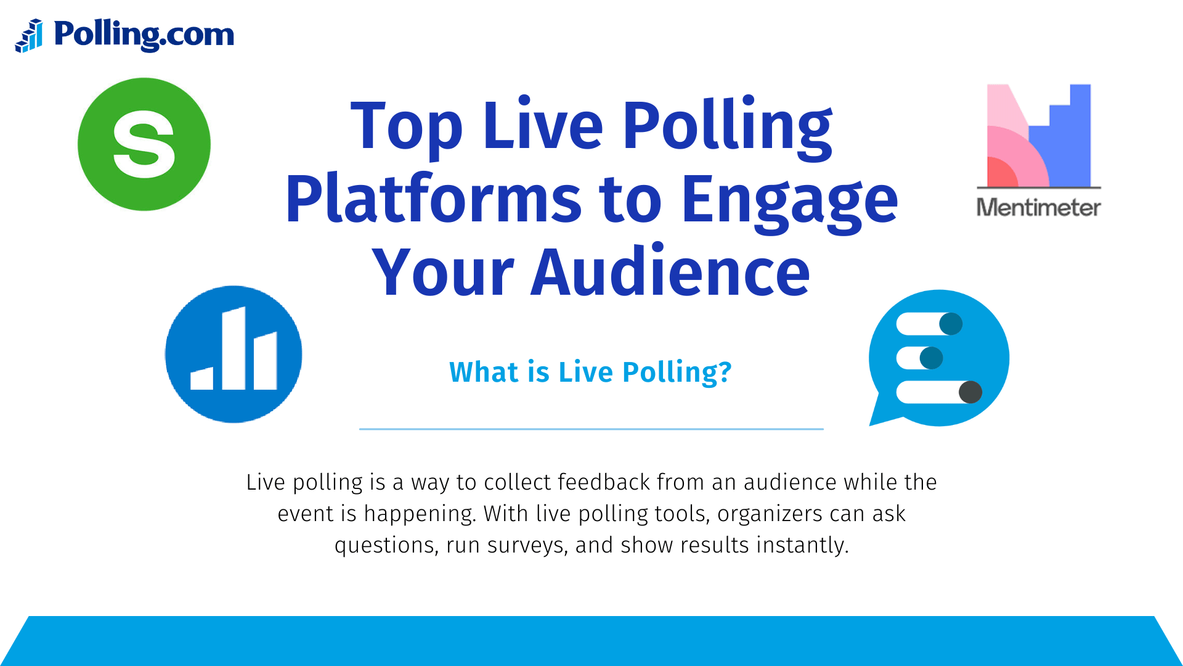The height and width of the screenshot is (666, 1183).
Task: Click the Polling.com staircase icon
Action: tap(29, 36)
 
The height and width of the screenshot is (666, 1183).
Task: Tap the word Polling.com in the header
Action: tap(144, 35)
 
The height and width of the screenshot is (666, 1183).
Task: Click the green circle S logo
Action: tap(144, 144)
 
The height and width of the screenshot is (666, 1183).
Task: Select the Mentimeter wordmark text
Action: tap(1039, 208)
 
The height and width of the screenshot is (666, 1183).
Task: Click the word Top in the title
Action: tap(406, 127)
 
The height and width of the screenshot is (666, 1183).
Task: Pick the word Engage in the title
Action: tap(789, 200)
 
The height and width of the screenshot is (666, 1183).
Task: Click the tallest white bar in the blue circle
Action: tap(234, 348)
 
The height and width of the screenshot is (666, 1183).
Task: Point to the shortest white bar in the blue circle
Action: tap(202, 379)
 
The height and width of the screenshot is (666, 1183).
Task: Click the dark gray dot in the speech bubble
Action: tap(970, 392)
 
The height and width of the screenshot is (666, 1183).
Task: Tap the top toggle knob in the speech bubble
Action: tap(951, 324)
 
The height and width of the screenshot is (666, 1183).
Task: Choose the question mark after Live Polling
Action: tap(725, 372)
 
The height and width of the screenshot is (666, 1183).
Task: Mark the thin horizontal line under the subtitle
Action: tap(591, 429)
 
